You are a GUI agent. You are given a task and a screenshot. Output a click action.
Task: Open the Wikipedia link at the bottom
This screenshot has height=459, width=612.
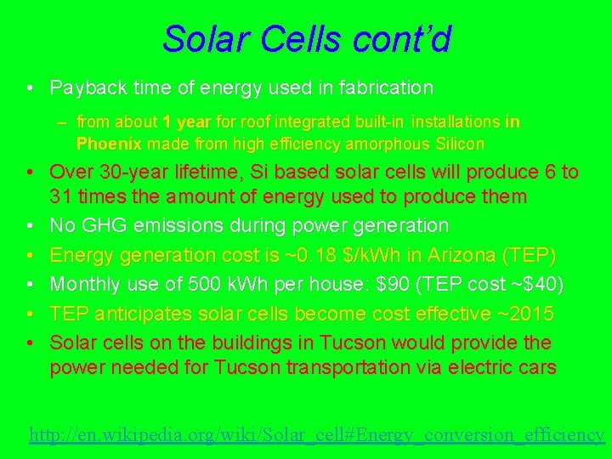pos(316,434)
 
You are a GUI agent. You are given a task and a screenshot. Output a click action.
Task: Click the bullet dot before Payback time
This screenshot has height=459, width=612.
pos(30,88)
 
